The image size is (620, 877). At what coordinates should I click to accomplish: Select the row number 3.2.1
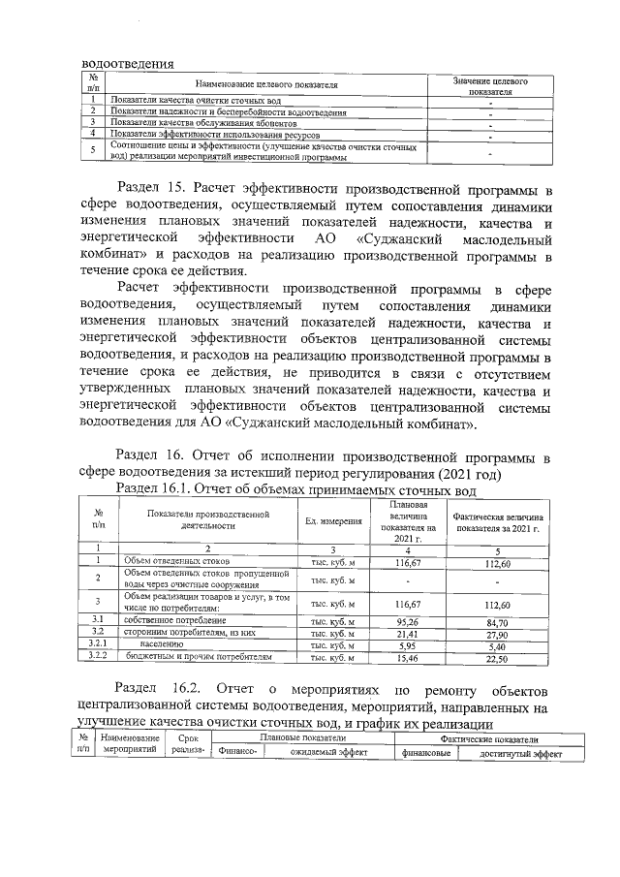click(98, 644)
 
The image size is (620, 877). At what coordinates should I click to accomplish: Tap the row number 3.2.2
click(98, 657)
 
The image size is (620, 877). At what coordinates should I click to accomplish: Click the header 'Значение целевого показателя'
click(491, 86)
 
